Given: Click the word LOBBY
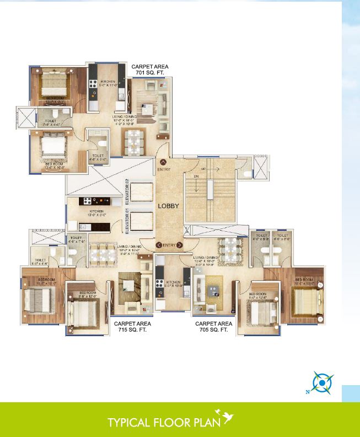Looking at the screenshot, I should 169,206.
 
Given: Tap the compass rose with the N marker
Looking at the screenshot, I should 320,382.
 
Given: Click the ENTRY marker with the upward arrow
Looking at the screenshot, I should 164,166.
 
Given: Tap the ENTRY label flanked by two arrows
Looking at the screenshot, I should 169,245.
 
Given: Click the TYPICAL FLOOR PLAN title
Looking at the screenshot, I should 164,423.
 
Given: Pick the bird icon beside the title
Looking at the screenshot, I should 226,418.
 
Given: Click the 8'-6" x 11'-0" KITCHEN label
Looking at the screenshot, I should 108,83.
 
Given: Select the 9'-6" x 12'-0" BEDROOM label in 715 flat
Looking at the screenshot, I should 88,294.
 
